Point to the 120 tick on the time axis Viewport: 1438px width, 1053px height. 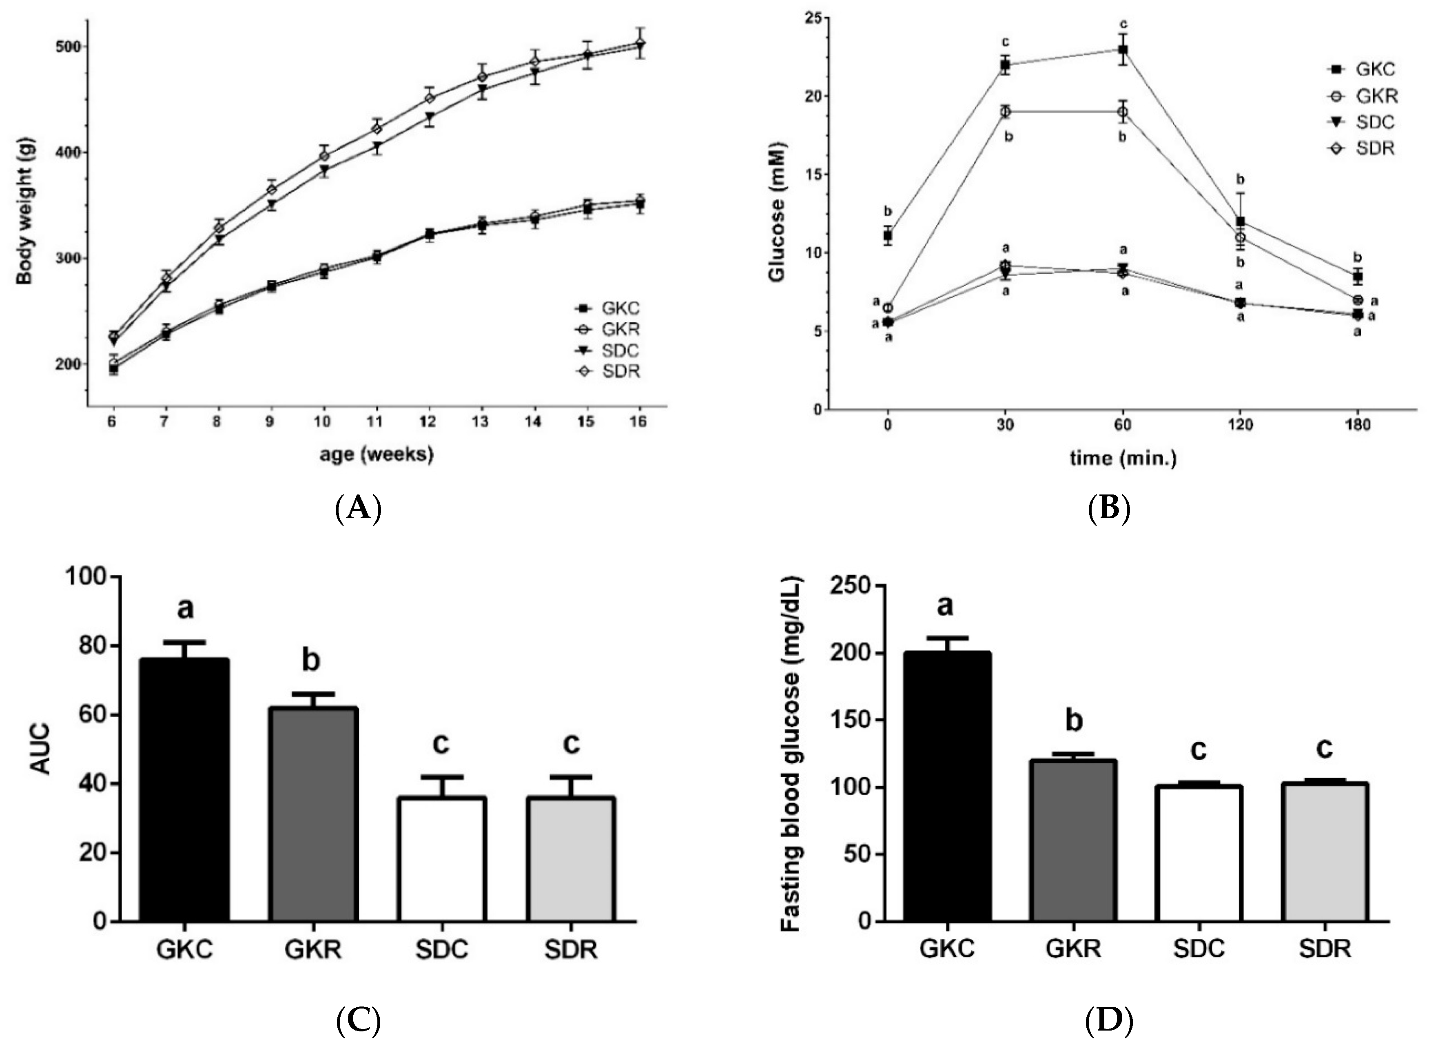1241,425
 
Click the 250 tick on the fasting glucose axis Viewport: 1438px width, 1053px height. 848,586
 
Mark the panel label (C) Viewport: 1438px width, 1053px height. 358,1020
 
